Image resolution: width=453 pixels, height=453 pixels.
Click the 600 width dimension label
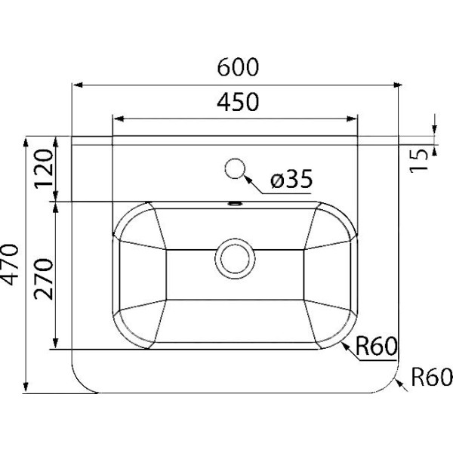coord(238,67)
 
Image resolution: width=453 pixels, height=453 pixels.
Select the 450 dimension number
coord(238,102)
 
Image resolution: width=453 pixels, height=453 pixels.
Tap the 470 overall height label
coord(9,265)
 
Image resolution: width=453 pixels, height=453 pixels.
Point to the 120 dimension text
coord(44,169)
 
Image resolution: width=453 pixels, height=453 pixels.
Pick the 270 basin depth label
coord(44,279)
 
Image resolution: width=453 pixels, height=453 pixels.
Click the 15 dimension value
coord(419,162)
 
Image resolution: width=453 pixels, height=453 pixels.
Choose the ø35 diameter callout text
coord(291,179)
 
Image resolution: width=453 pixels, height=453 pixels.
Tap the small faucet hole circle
coord(235,168)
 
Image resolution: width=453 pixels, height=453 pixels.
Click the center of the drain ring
coord(235,258)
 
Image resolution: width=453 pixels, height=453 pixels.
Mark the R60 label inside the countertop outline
coord(376,347)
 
